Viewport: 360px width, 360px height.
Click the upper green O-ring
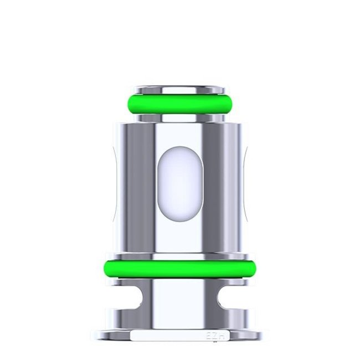[180, 104]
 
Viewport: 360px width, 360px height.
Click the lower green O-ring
[180, 269]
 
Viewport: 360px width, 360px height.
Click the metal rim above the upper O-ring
[180, 89]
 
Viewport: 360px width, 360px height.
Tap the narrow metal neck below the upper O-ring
[180, 117]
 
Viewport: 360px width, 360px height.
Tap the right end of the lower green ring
[253, 269]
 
